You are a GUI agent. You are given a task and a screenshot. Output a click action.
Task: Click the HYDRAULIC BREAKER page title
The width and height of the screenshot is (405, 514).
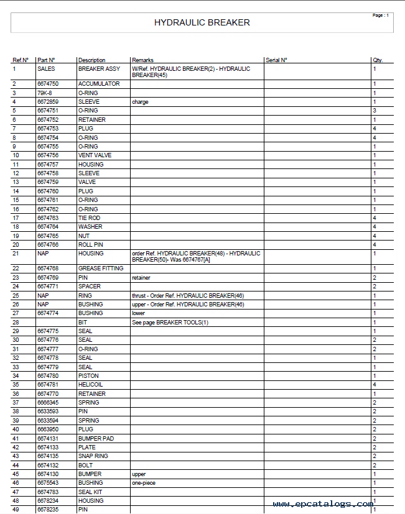tap(202, 23)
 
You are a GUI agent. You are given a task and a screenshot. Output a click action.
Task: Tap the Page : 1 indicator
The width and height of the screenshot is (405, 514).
tap(380, 15)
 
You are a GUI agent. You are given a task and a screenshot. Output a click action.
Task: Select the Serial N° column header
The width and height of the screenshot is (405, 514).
tap(276, 60)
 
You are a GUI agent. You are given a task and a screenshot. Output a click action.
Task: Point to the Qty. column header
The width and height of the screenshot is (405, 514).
tap(377, 60)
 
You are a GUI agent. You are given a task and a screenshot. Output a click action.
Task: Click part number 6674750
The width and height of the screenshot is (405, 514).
tap(48, 84)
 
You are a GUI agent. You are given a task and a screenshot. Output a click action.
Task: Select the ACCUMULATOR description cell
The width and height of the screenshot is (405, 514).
tap(99, 84)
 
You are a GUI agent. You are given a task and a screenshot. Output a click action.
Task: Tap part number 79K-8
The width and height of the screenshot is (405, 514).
tap(45, 93)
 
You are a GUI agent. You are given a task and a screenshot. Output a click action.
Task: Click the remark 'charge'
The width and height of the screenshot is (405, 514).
tap(140, 102)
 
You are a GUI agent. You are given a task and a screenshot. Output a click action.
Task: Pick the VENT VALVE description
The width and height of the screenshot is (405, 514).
tap(95, 155)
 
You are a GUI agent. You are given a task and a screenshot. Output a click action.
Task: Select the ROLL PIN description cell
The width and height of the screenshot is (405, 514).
tap(90, 245)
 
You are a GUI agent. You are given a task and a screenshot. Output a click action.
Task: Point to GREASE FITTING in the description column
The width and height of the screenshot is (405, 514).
tap(100, 268)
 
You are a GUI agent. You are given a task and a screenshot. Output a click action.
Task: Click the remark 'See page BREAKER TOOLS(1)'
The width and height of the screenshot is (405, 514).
tap(170, 322)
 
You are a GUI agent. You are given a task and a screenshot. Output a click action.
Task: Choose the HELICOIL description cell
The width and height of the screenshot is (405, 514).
tap(90, 385)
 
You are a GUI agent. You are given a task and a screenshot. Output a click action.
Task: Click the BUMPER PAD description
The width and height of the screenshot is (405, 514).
tap(96, 438)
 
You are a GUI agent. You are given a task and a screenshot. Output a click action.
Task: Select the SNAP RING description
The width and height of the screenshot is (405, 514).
tap(93, 456)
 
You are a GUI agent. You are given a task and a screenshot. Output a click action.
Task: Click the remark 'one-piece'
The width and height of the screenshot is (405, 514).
tap(144, 483)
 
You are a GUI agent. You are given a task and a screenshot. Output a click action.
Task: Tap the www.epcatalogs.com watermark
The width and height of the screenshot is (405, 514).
tap(323, 504)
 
